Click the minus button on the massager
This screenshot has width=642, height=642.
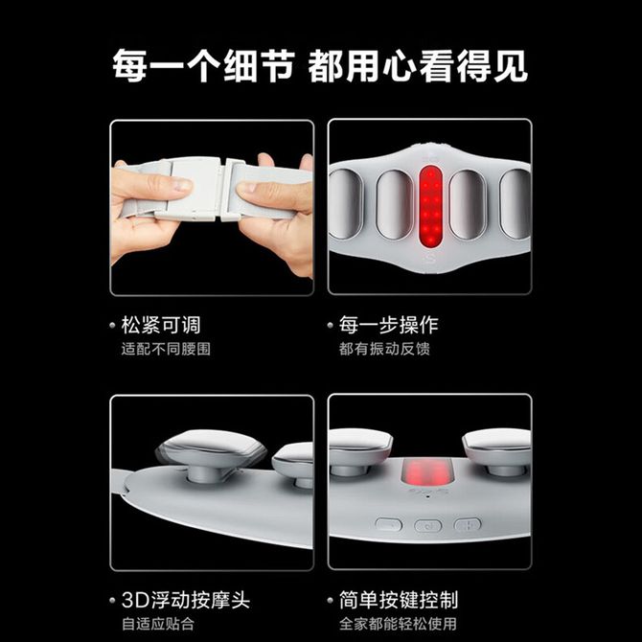coord(388,524)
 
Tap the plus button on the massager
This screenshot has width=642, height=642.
coord(468,524)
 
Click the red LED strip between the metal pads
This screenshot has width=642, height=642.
coord(431,206)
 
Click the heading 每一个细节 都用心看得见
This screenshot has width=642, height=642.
coord(320,66)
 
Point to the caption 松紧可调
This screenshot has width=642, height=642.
coord(161,325)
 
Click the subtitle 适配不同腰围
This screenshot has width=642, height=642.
coord(166,349)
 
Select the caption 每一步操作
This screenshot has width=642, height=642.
coord(389,325)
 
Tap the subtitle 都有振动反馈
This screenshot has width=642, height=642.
coord(384,349)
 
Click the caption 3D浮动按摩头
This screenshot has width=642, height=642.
coord(186,600)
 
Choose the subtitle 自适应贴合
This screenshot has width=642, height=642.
coord(158,624)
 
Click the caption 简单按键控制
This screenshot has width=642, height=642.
coord(399,600)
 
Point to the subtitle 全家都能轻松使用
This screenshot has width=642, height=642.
coord(398,624)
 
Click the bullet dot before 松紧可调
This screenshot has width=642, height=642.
coord(113,326)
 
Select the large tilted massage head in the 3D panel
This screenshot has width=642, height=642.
coord(211,449)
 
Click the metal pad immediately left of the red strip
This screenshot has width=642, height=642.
coord(394,205)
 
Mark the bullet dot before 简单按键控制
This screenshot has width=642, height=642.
coord(331,601)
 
